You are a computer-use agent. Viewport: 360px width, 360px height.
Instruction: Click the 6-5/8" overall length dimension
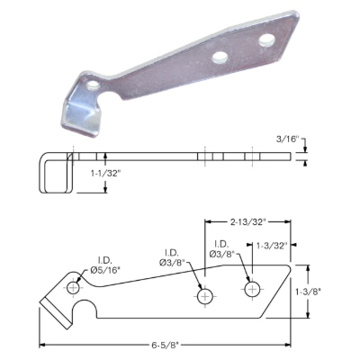(x=165, y=345)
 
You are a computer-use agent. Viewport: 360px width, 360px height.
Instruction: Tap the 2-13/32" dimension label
(x=248, y=222)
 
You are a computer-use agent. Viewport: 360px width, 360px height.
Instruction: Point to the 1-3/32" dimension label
(x=273, y=245)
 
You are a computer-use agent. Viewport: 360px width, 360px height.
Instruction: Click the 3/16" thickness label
(x=288, y=139)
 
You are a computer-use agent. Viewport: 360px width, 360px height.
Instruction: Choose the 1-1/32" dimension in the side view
(x=105, y=173)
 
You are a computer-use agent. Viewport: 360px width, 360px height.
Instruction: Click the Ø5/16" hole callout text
(x=105, y=270)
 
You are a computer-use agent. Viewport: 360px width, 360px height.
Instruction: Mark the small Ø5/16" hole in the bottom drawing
(x=73, y=289)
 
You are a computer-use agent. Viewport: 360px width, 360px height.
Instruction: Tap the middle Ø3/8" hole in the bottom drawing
(x=205, y=297)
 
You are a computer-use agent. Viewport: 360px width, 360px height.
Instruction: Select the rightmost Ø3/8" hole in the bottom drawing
(x=253, y=289)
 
